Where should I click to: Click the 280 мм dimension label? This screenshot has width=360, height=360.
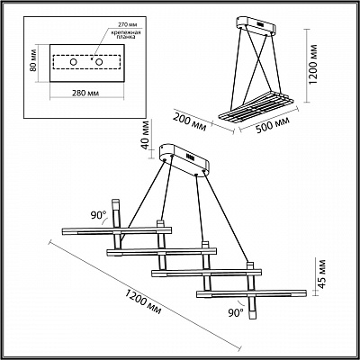(x=85, y=93)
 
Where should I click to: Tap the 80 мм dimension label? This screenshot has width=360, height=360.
(x=33, y=62)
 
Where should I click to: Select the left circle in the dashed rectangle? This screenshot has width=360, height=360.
(x=73, y=62)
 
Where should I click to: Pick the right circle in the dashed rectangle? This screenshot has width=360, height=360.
(x=99, y=62)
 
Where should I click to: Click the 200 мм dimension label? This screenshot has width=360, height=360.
(x=190, y=121)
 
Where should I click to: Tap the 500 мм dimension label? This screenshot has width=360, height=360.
(x=273, y=124)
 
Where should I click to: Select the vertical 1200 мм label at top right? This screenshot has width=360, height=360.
(x=314, y=65)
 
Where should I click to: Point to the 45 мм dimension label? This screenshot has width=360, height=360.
(x=322, y=274)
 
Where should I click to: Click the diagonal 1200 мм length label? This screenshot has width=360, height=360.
(x=143, y=301)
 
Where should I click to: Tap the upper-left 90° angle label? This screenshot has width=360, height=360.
(x=99, y=215)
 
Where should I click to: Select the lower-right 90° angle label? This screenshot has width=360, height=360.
(x=236, y=313)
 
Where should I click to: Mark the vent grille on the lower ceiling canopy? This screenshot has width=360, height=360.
(x=190, y=157)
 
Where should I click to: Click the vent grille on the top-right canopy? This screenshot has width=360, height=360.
(x=260, y=23)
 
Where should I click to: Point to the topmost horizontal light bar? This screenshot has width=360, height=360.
(x=117, y=231)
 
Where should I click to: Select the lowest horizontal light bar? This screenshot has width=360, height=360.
(x=251, y=293)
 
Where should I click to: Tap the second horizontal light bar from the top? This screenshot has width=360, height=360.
(x=161, y=252)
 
